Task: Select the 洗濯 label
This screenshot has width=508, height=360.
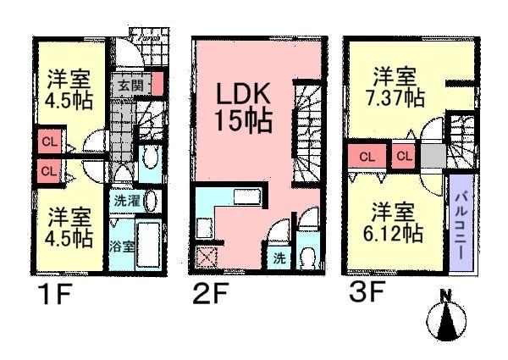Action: pos(124,202)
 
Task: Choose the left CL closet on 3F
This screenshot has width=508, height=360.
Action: pos(366,157)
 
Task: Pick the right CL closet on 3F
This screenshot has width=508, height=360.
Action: pos(403,157)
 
